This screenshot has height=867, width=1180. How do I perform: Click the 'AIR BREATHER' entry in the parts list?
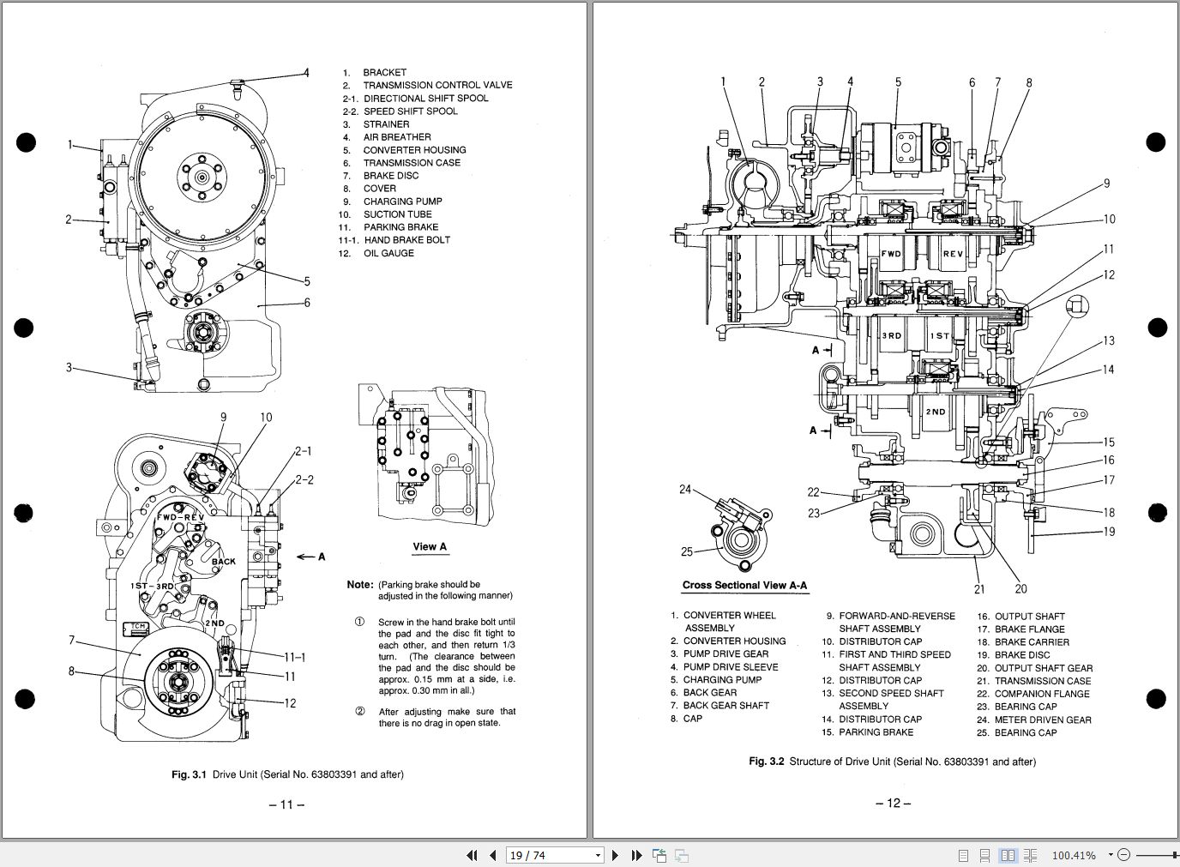(x=396, y=137)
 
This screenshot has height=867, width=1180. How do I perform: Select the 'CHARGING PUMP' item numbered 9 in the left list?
(x=402, y=202)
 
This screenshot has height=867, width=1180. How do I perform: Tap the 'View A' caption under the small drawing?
(x=430, y=547)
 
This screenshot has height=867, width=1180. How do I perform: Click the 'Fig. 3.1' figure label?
(x=189, y=774)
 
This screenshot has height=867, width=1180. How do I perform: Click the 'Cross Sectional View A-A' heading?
(x=744, y=586)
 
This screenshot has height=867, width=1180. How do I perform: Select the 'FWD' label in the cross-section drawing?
(x=892, y=255)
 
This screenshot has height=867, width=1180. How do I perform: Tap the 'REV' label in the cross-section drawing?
(x=953, y=255)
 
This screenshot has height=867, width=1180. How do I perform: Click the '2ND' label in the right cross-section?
(x=935, y=412)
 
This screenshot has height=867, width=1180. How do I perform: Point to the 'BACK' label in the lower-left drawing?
(x=224, y=563)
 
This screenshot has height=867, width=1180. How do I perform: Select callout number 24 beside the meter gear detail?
(x=685, y=490)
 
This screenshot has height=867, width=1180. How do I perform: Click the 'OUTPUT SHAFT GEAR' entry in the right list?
(x=1043, y=668)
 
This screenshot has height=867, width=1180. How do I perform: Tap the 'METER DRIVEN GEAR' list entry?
(x=1043, y=719)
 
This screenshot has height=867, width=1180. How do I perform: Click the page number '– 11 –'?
(x=287, y=804)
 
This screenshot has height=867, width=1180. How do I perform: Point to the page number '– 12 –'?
(x=893, y=804)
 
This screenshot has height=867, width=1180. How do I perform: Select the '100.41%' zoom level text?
(x=1074, y=855)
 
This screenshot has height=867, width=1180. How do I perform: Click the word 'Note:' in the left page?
(x=359, y=585)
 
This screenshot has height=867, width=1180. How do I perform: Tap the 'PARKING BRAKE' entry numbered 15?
(x=876, y=732)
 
